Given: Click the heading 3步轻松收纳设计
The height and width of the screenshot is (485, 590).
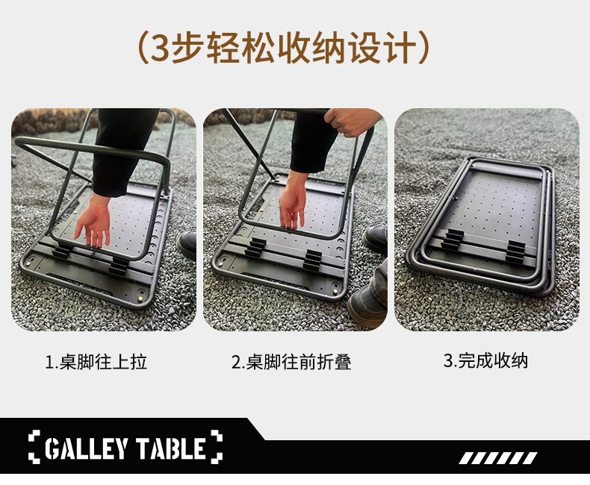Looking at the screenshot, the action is click(x=284, y=48).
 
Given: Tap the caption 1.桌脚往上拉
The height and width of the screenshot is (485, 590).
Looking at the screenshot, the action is click(x=96, y=362).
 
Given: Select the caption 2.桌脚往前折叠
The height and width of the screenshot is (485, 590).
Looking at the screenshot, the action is click(x=291, y=362).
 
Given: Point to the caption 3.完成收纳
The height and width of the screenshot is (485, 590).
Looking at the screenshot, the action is click(x=485, y=360).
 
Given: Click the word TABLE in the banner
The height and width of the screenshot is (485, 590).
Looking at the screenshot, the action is click(x=170, y=448).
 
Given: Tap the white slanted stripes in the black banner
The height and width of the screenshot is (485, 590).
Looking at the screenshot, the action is click(x=498, y=458).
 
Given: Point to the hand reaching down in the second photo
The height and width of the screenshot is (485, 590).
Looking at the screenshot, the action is click(x=292, y=204).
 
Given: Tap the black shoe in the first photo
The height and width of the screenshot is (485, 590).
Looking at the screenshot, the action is click(x=187, y=244).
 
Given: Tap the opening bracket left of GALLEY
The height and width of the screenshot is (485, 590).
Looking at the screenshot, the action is click(x=34, y=447).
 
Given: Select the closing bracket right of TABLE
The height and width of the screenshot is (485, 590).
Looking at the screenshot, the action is click(x=217, y=447).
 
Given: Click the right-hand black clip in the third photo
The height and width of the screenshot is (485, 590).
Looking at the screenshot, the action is click(x=515, y=251).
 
